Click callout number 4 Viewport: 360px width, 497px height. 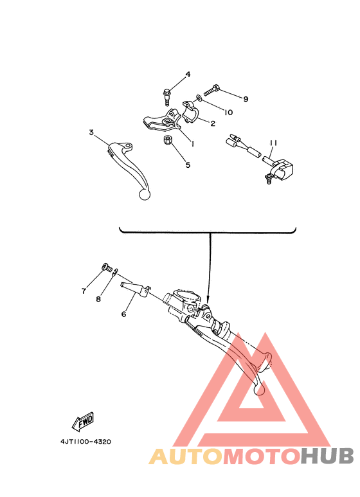pyautogui.click(x=188, y=75)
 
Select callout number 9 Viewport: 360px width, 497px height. pyautogui.click(x=245, y=98)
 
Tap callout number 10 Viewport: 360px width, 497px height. pyautogui.click(x=229, y=112)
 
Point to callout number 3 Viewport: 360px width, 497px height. pyautogui.click(x=92, y=132)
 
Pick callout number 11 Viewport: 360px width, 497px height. pyautogui.click(x=273, y=143)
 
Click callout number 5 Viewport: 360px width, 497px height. pyautogui.click(x=188, y=165)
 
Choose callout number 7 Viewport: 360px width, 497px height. pyautogui.click(x=84, y=291)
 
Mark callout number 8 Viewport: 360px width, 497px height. pyautogui.click(x=100, y=299)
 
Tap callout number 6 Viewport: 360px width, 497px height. pyautogui.click(x=124, y=314)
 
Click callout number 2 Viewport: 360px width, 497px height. pyautogui.click(x=212, y=123)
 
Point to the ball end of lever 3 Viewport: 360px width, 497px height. pyautogui.click(x=145, y=194)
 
